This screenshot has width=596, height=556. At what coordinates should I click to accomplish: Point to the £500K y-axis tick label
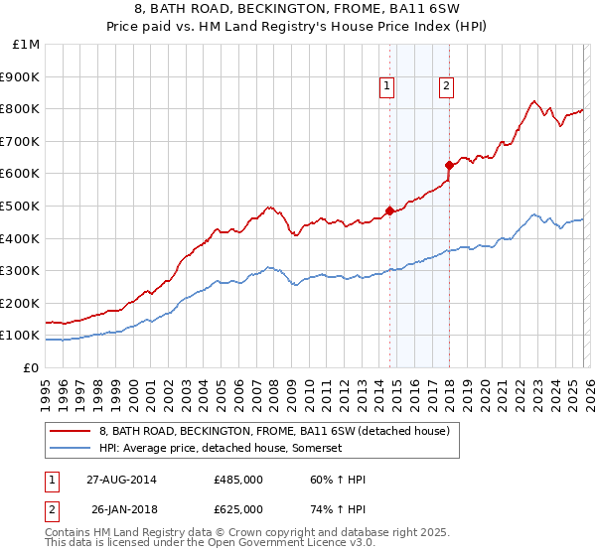point(20,207)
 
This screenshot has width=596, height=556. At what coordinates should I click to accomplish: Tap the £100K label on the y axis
point(20,336)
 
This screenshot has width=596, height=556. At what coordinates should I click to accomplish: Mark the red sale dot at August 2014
point(389,210)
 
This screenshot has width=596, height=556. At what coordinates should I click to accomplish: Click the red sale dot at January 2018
point(449,165)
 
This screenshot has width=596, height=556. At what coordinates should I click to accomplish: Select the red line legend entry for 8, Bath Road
point(274,431)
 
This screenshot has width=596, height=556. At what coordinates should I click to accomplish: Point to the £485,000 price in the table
point(237,480)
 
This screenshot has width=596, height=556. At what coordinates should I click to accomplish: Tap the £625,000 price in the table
point(237,509)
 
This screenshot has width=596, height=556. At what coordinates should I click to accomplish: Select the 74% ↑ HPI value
point(338,509)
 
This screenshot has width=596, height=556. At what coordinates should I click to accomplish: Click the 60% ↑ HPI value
point(338,480)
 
